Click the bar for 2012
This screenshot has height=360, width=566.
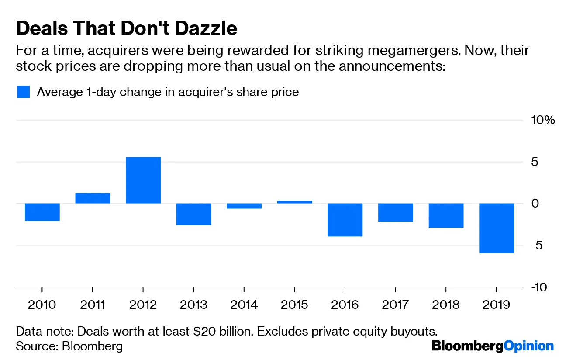point(143,180)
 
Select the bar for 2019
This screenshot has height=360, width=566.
point(496,228)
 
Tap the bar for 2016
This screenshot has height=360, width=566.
point(345,220)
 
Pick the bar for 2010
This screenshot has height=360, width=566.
point(42,212)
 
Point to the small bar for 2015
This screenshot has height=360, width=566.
point(294,202)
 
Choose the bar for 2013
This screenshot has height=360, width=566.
point(193,214)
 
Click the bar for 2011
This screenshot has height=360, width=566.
point(93,198)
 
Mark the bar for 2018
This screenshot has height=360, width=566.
point(446,215)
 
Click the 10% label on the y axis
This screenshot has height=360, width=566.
point(543,120)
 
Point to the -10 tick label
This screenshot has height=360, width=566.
point(543,287)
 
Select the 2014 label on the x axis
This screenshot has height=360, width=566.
point(244,304)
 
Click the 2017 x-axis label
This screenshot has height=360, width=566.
point(395,304)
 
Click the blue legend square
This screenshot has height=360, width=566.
point(23,92)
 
